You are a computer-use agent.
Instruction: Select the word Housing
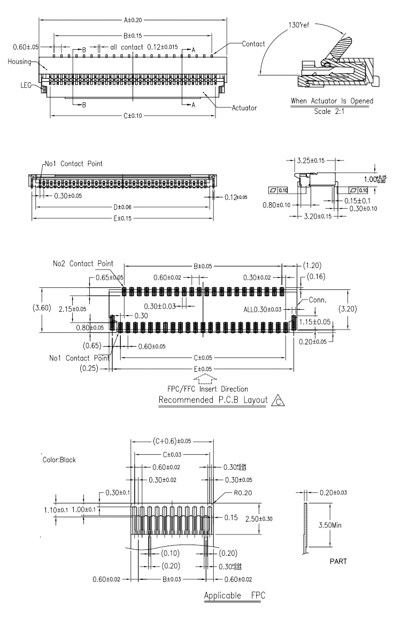coord(19,62)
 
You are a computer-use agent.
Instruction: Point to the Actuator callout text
coord(244,108)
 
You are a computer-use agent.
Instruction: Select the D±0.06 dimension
coord(122,207)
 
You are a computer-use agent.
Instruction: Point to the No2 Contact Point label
coord(83,264)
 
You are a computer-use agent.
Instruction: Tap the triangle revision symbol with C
coord(275,400)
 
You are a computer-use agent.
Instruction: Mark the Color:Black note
coord(60,460)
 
